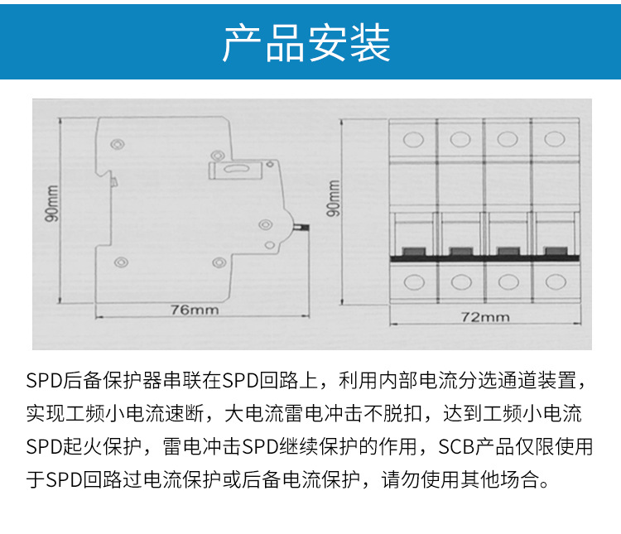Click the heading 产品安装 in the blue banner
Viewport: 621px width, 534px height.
pyautogui.click(x=306, y=42)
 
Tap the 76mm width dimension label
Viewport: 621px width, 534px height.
pyautogui.click(x=195, y=310)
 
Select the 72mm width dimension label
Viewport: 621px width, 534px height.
pyautogui.click(x=485, y=317)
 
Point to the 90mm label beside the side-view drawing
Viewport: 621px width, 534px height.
pyautogui.click(x=52, y=203)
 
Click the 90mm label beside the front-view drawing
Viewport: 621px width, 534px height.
pyautogui.click(x=333, y=199)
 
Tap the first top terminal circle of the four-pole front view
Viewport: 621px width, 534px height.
pyautogui.click(x=413, y=139)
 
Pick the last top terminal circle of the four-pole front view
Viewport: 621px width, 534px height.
pyautogui.click(x=555, y=139)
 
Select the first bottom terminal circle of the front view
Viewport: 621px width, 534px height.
pyautogui.click(x=414, y=282)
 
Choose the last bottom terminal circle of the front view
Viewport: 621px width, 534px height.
pyautogui.click(x=556, y=281)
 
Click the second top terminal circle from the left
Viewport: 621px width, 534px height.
pyautogui.click(x=460, y=139)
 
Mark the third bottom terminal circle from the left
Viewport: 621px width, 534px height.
pyautogui.click(x=508, y=282)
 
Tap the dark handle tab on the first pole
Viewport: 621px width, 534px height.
pyautogui.click(x=413, y=252)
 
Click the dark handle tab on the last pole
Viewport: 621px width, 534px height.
pyautogui.click(x=556, y=251)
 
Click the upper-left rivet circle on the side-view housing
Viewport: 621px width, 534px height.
pyautogui.click(x=118, y=144)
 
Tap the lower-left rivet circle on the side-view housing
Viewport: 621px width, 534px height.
pyautogui.click(x=121, y=262)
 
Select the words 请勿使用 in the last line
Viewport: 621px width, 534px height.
pyautogui.click(x=421, y=480)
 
